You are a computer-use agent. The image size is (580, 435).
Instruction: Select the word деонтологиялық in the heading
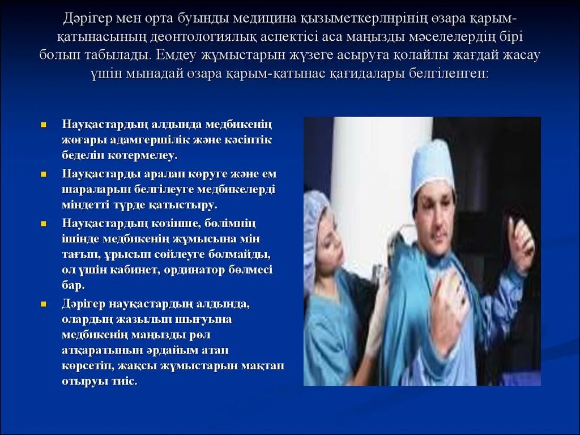tap(206, 37)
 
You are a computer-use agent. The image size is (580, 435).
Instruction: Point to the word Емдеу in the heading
tap(181, 56)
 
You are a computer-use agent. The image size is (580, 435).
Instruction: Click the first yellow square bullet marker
tap(43, 124)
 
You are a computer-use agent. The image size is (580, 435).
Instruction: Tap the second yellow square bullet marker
tap(43, 174)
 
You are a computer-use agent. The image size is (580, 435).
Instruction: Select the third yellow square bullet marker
tap(43, 223)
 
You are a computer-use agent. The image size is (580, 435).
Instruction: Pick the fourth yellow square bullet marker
tap(43, 304)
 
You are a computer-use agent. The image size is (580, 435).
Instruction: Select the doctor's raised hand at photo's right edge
tap(520, 238)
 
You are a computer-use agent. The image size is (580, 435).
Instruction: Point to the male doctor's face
tap(436, 213)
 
